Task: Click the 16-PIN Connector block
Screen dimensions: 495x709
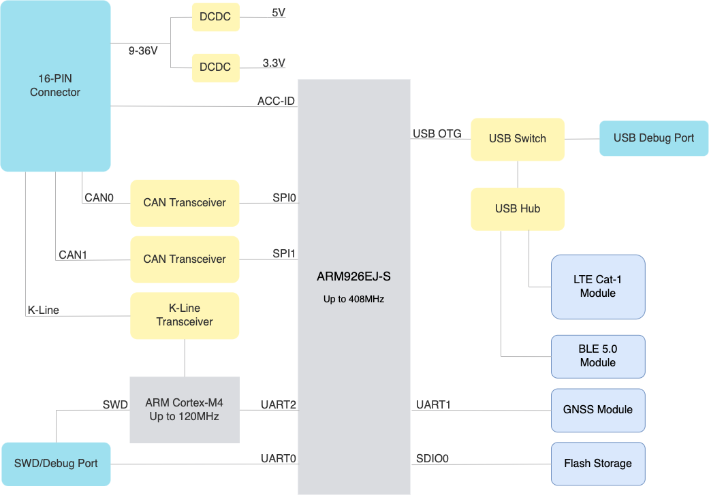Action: [x=55, y=86]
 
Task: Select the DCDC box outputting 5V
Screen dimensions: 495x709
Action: [x=215, y=16]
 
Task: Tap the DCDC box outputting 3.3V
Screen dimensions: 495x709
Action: [x=215, y=67]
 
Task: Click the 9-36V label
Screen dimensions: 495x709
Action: [x=143, y=51]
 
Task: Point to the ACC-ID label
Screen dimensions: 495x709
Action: [x=276, y=101]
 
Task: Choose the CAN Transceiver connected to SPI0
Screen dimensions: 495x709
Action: [x=185, y=203]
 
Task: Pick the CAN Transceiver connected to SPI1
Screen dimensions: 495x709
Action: [x=185, y=259]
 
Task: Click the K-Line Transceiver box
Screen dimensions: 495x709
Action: [x=185, y=315]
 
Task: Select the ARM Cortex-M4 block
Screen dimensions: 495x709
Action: [x=185, y=410]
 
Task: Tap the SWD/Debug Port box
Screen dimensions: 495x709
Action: [x=56, y=464]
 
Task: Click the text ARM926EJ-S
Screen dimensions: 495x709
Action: [x=353, y=277]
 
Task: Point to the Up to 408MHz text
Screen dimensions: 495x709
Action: [x=353, y=299]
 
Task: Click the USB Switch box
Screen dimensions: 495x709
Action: [x=518, y=139]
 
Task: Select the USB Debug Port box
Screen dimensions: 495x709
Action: [x=654, y=138]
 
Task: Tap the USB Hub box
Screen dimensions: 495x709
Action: [x=518, y=209]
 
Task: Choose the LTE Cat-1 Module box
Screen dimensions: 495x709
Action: [x=598, y=287]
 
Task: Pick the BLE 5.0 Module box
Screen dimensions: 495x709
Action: [x=598, y=356]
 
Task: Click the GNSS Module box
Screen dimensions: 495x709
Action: [x=598, y=410]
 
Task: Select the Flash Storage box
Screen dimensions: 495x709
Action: [x=598, y=464]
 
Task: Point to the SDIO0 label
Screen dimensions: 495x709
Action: [x=432, y=459]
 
